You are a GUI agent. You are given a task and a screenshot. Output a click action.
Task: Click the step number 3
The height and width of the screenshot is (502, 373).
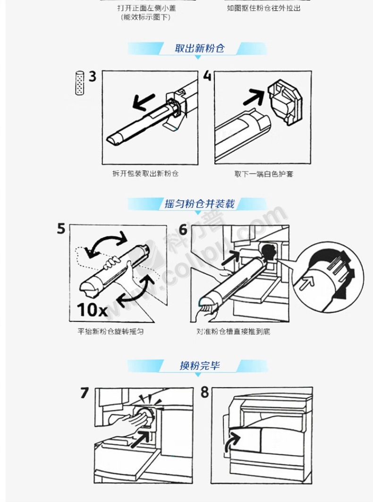92,77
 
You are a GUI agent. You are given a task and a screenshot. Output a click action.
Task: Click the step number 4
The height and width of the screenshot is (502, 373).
207,76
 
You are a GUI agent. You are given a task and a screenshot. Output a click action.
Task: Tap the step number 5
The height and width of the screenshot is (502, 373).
61,229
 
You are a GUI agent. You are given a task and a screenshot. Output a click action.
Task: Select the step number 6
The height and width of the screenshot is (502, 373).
183,229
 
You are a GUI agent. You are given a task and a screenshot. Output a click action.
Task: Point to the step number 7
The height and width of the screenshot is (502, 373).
84,392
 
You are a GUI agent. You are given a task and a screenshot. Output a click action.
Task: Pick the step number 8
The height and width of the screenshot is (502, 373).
204,392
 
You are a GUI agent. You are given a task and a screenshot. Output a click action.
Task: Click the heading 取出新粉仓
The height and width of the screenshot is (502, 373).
199,48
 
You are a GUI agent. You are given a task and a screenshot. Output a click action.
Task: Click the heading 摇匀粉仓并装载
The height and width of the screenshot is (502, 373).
199,204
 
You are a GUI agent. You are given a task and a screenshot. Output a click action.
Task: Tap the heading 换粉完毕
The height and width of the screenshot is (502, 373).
199,366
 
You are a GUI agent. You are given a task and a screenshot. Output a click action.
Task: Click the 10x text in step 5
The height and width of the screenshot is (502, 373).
92,310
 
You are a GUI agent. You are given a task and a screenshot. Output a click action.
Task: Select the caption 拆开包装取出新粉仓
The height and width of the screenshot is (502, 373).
145,173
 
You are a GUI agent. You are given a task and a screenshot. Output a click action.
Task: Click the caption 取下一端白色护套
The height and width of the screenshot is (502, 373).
264,174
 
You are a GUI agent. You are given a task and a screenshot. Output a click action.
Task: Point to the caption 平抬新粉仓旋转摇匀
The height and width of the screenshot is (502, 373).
110,332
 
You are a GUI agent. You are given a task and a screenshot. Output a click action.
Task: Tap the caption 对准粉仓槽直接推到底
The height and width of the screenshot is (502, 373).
233,332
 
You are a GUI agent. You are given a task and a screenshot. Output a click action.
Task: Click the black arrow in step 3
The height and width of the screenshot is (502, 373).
144,102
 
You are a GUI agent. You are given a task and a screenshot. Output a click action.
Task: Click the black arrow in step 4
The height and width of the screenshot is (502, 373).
254,97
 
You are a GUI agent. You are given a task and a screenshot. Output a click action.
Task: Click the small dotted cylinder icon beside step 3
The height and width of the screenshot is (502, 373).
79,83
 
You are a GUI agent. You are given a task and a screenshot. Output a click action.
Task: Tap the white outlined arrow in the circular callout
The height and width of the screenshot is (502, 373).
306,282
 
